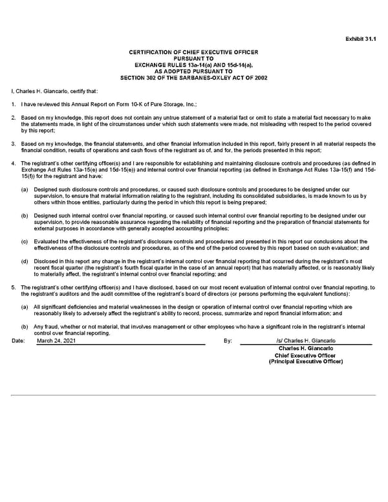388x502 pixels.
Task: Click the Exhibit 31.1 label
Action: pyautogui.click(x=360, y=38)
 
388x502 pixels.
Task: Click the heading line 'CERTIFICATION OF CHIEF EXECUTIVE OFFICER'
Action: pyautogui.click(x=194, y=51)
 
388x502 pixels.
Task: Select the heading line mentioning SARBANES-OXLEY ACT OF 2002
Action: pyautogui.click(x=194, y=78)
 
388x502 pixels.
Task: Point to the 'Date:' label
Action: pyautogui.click(x=18, y=340)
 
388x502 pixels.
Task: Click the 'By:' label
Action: pyautogui.click(x=227, y=340)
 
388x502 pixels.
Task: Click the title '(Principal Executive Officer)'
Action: pyautogui.click(x=305, y=362)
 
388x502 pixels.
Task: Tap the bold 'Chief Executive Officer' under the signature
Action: pyautogui.click(x=305, y=355)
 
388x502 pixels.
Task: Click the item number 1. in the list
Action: pyautogui.click(x=14, y=104)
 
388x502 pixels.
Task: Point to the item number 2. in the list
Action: pyautogui.click(x=14, y=117)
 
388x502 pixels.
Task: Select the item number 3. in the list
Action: pyautogui.click(x=14, y=144)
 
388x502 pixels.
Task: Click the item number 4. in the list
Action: pyautogui.click(x=14, y=163)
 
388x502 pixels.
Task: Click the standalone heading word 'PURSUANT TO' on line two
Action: pyautogui.click(x=194, y=58)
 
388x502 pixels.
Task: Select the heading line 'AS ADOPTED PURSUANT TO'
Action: pyautogui.click(x=194, y=71)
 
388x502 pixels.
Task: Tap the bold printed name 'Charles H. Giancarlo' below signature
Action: pyautogui.click(x=305, y=349)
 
